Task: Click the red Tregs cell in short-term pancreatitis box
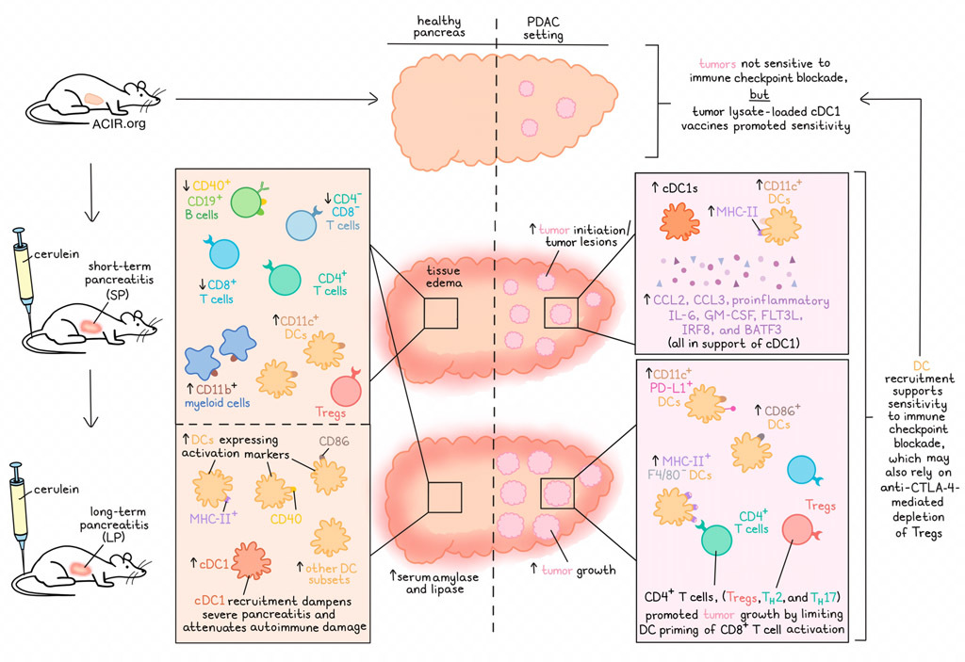click(x=349, y=387)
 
